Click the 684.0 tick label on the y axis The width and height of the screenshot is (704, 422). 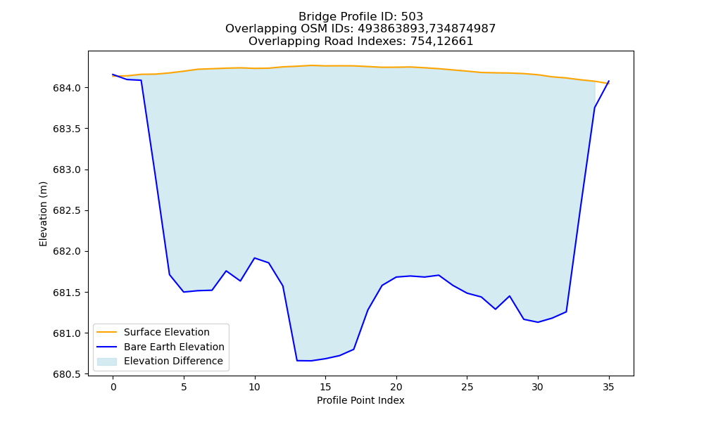[67, 88]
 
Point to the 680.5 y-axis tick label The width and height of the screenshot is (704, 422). [67, 374]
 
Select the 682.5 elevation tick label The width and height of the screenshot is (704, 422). [67, 211]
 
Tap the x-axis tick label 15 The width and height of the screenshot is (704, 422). [325, 387]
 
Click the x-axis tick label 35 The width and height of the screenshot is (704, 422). [608, 387]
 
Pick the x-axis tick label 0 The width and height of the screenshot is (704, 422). [113, 387]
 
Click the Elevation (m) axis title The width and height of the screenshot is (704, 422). [43, 214]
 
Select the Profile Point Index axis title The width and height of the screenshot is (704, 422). [360, 400]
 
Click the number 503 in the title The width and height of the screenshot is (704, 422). [412, 17]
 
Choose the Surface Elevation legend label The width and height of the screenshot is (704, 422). [167, 332]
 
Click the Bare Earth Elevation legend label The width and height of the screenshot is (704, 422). [174, 347]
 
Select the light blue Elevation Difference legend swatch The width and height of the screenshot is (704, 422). [107, 362]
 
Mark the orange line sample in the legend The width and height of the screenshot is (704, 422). [107, 332]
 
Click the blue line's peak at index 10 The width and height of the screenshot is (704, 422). [255, 258]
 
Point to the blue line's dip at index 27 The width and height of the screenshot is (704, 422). [495, 309]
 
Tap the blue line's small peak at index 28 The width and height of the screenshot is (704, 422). [510, 296]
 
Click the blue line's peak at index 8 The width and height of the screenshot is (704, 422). [226, 271]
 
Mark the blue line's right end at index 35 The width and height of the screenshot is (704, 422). [609, 81]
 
